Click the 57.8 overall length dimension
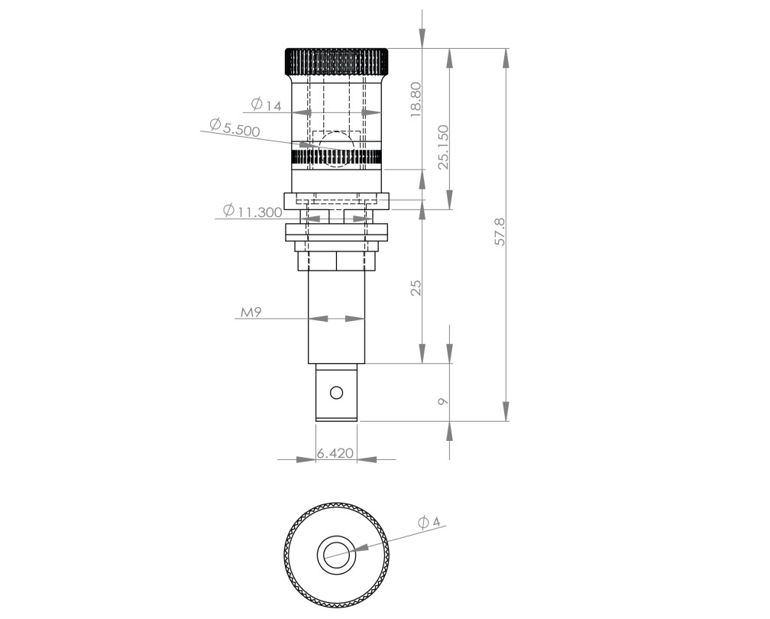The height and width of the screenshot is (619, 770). point(500,230)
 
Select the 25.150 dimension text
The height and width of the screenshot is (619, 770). point(442,146)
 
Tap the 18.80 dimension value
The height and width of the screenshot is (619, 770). point(416,98)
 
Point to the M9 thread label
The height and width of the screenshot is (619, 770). point(251,313)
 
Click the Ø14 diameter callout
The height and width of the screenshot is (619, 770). point(266,104)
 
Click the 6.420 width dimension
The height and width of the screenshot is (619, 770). point(335,453)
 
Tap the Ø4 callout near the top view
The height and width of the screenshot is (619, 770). point(429,522)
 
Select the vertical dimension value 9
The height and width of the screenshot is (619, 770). point(442,400)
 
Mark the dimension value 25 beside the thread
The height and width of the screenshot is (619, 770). point(416,287)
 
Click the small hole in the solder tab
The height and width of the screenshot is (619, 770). point(335,393)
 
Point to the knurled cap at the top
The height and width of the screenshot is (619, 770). point(336,59)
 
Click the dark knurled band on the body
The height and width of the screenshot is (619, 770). point(336,157)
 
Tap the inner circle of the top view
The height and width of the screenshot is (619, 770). point(336,552)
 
